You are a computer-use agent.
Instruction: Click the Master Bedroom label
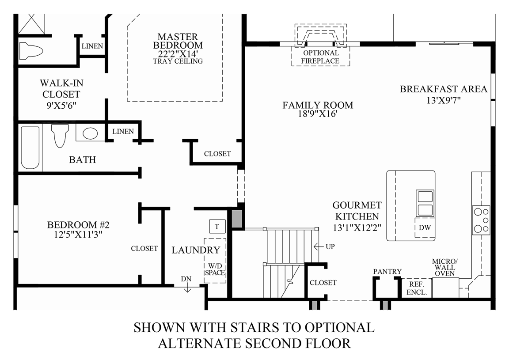pos(178,41)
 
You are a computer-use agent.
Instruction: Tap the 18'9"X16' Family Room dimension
pos(318,114)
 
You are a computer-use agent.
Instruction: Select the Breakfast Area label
pos(444,89)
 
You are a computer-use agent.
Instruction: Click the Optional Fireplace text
pos(320,57)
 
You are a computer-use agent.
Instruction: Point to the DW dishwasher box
pos(425,227)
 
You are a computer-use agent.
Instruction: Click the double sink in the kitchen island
pos(425,204)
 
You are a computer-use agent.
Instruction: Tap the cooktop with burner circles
pos(481,220)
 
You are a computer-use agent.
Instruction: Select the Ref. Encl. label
pos(417,288)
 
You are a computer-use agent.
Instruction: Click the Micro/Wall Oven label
pos(445,267)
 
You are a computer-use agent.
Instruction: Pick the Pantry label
pos(387,271)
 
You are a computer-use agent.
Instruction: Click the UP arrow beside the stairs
pos(319,247)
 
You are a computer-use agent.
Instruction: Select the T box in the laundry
pos(217,226)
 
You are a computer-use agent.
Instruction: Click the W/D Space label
pos(215,269)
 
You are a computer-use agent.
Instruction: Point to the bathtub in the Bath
pos(30,148)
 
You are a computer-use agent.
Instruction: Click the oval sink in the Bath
pos(90,133)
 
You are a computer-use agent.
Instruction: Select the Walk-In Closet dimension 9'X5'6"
pos(61,105)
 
